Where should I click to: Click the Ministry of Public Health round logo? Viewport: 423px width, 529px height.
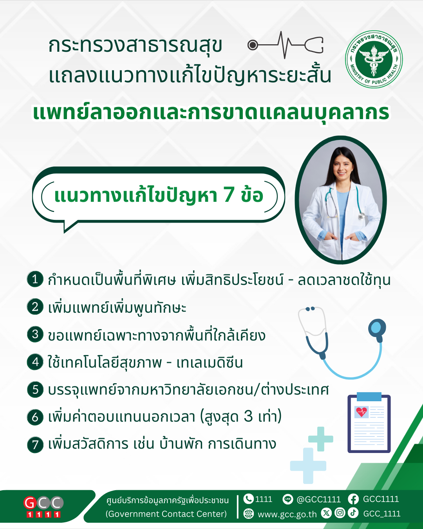374,59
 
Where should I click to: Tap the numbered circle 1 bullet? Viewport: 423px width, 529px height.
35,279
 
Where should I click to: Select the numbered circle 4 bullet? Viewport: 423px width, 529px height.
35,362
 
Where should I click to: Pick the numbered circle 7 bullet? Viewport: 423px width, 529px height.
35,445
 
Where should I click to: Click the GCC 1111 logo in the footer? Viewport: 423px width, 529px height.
43,507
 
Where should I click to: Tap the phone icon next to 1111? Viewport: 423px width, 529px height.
248,499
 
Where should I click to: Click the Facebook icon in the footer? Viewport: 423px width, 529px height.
353,499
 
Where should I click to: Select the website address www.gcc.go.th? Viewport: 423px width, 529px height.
287,514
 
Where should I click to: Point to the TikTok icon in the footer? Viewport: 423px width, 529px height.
353,513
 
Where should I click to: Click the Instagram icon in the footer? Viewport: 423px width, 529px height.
340,513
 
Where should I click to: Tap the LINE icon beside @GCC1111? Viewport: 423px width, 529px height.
287,499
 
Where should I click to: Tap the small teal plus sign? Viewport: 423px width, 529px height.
320,439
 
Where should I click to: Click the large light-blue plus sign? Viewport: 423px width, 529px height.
308,466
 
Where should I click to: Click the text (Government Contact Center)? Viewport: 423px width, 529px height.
166,513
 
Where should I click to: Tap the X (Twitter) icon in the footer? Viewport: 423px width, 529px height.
326,513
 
